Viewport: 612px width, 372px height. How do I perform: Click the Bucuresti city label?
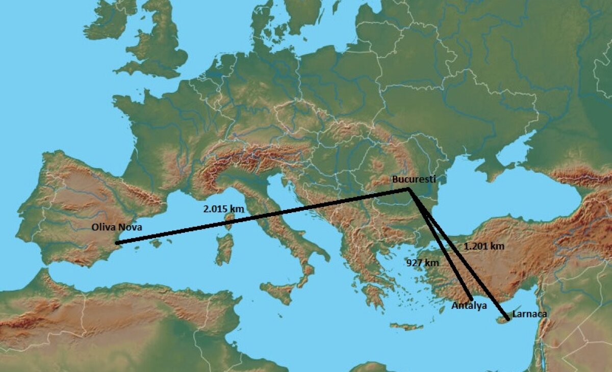point(412,179)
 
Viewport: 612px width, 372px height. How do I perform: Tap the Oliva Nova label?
point(116,227)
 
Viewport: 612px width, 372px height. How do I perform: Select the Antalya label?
point(469,306)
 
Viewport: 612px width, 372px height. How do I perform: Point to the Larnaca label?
point(529,314)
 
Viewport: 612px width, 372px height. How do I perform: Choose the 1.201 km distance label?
point(484,246)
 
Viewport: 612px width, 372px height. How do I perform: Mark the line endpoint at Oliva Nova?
point(117,243)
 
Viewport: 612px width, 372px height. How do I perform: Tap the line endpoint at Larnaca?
point(507,319)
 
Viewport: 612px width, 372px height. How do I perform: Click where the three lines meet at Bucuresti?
point(409,190)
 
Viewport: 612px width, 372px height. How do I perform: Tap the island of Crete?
point(405,326)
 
